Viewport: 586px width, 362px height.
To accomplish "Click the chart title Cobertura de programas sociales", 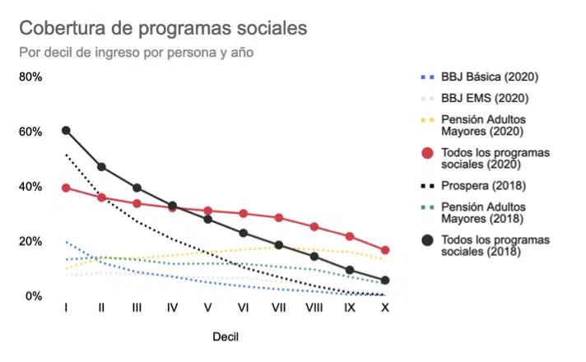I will click(x=163, y=27).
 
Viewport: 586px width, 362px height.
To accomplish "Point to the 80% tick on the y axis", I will click(x=31, y=77).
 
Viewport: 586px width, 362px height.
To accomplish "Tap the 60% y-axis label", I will click(x=31, y=132).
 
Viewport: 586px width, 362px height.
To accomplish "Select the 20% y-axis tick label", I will click(x=31, y=241).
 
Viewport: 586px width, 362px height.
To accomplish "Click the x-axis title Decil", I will click(x=226, y=336).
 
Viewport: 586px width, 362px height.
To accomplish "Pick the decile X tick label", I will click(x=384, y=307).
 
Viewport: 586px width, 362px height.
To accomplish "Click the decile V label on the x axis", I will click(x=207, y=307).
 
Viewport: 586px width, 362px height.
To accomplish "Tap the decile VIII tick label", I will click(x=314, y=307).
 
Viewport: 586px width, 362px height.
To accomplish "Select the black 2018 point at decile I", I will click(x=66, y=130).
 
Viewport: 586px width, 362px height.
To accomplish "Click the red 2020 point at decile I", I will click(x=66, y=188).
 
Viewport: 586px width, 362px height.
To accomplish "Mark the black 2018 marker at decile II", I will click(x=101, y=167).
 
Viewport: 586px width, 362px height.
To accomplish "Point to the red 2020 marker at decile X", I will click(x=384, y=250).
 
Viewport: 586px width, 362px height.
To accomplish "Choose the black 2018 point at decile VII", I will click(x=278, y=245).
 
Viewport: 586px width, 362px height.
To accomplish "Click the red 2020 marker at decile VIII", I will click(x=314, y=227).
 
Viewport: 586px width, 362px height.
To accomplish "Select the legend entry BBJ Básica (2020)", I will click(x=489, y=77).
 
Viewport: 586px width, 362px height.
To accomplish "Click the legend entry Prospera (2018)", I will click(x=483, y=186).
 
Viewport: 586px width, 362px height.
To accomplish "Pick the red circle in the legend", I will click(x=427, y=153).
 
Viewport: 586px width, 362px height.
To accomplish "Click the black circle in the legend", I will click(x=427, y=240).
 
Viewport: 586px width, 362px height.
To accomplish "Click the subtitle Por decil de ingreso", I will click(x=136, y=52).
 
